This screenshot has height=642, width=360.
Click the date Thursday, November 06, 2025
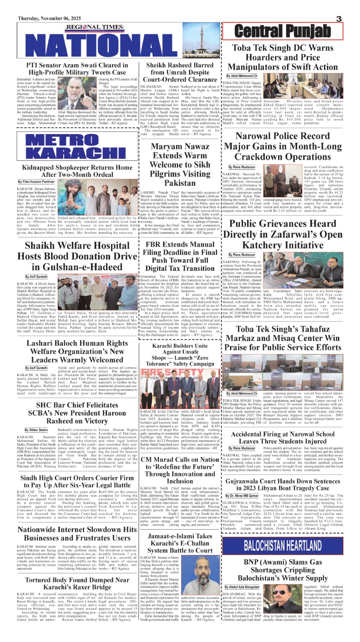49,19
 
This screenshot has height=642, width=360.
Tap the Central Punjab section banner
282,31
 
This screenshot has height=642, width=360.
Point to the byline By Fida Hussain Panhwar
36,182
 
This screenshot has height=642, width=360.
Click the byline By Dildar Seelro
36,430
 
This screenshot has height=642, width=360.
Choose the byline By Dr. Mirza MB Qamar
242,495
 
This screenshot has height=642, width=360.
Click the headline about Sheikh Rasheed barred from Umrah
180,72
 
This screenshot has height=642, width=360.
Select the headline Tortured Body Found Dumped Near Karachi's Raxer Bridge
77,583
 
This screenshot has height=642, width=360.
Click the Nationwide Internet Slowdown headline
77,534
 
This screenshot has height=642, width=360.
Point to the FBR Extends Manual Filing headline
180,256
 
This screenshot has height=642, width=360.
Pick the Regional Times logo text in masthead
95,27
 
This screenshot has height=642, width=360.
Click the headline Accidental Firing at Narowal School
283,437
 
